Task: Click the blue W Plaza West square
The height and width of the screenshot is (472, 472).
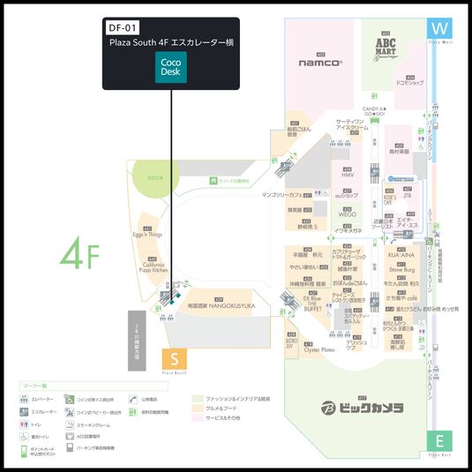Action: click(438, 30)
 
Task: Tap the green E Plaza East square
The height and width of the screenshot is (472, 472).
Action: click(438, 441)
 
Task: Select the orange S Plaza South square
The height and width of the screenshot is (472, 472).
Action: click(175, 359)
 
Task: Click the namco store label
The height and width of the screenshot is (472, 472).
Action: click(319, 63)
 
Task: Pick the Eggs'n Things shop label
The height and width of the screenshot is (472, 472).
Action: click(148, 235)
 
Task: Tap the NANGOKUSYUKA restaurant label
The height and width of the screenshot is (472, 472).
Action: click(221, 305)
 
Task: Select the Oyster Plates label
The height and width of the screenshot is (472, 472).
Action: click(319, 350)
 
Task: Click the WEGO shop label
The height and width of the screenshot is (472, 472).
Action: click(347, 214)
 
